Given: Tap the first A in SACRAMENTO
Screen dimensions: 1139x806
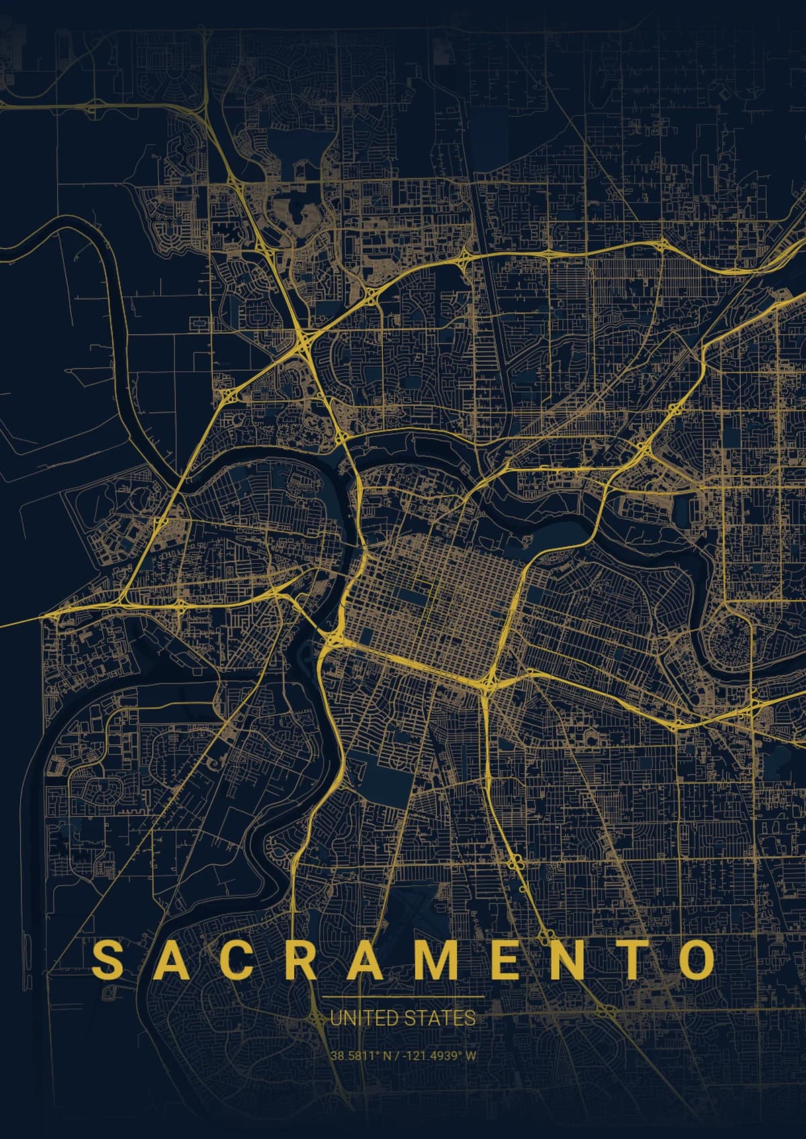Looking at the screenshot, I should pyautogui.click(x=169, y=960).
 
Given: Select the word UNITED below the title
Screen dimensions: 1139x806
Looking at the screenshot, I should pyautogui.click(x=360, y=1018).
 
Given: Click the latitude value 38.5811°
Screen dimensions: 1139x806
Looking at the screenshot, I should pyautogui.click(x=352, y=1055).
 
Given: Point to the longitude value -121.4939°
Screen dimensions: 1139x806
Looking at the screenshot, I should pyautogui.click(x=433, y=1055).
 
